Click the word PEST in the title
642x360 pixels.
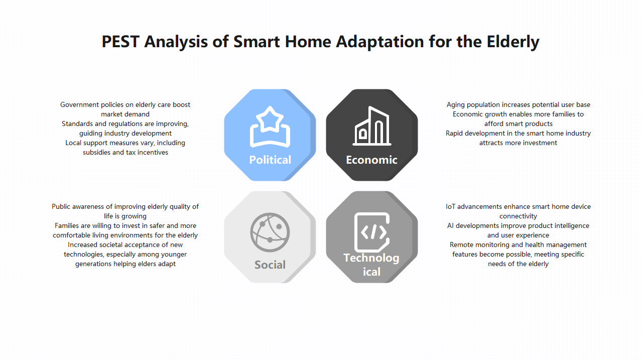(x=120, y=42)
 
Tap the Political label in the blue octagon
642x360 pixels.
(x=270, y=160)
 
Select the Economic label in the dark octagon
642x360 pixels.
(x=371, y=160)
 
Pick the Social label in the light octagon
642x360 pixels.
(x=270, y=265)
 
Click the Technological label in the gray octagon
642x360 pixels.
(x=371, y=265)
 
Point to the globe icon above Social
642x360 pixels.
(x=270, y=232)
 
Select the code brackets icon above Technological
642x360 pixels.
(x=372, y=232)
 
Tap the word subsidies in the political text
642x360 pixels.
(x=97, y=153)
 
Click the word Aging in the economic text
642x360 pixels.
(x=456, y=105)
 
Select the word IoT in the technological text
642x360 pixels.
(x=451, y=207)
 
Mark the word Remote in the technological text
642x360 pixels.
(x=461, y=245)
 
